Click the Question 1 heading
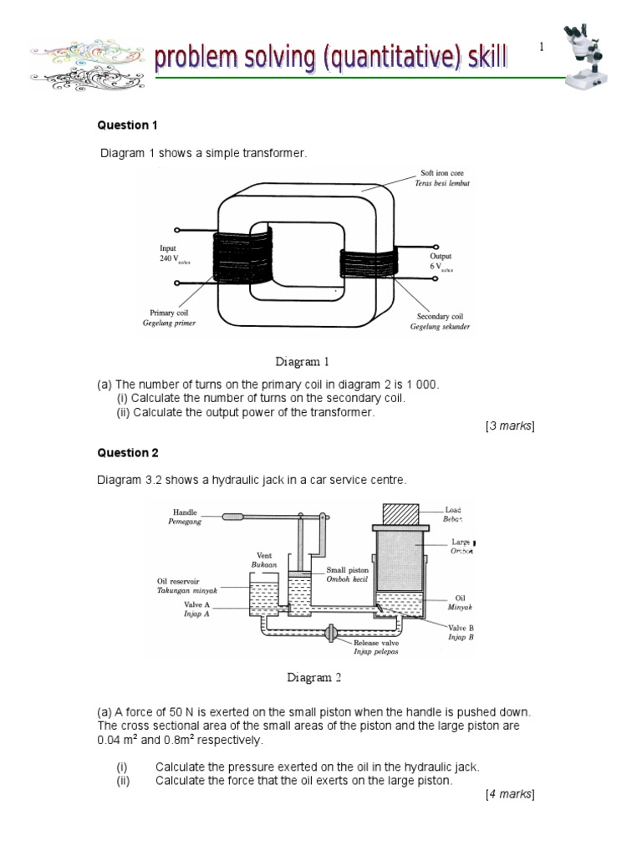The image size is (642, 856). point(128,125)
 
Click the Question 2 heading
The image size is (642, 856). point(128,453)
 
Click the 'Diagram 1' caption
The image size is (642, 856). point(303,362)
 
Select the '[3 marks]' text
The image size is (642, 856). point(509,426)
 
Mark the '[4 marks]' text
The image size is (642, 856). point(509,793)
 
